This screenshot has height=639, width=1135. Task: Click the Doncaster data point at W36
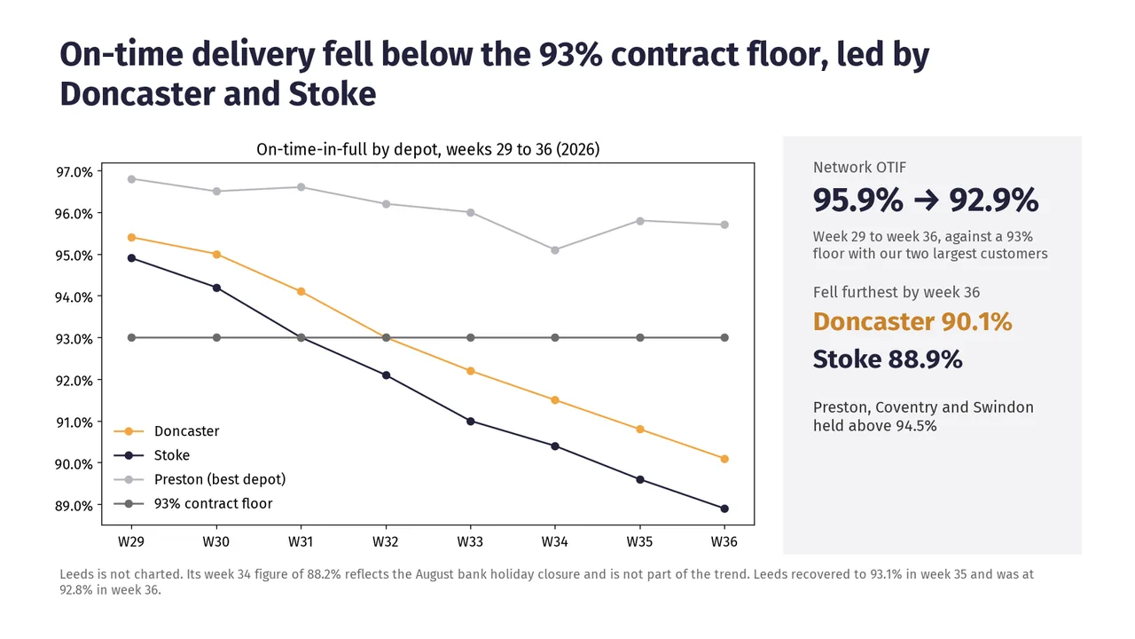(x=724, y=459)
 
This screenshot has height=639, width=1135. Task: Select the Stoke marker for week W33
(x=470, y=421)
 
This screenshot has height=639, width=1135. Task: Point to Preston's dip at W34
(x=555, y=250)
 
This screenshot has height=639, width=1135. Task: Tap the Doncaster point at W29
(x=132, y=237)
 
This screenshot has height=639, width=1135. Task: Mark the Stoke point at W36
(x=724, y=509)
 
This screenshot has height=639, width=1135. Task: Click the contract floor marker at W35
(x=640, y=338)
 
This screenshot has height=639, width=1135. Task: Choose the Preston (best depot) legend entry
(x=200, y=479)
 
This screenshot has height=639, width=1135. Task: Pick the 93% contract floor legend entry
(x=193, y=503)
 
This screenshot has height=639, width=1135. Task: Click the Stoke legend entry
(x=152, y=455)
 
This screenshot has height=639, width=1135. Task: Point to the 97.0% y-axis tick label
(x=74, y=172)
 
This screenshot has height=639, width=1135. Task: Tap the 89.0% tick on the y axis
(x=74, y=506)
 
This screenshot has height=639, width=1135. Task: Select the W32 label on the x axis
(x=386, y=541)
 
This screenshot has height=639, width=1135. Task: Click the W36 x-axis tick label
(x=724, y=541)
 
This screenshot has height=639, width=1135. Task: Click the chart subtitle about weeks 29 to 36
(x=428, y=150)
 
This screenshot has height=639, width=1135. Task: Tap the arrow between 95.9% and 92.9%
(x=926, y=201)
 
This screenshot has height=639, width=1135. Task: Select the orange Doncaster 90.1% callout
(x=912, y=321)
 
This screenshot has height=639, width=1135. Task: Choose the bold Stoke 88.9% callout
(x=888, y=359)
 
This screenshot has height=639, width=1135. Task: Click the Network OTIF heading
(x=859, y=168)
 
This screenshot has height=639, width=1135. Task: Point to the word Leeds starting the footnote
(x=76, y=574)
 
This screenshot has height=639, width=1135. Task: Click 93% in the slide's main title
(x=570, y=54)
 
